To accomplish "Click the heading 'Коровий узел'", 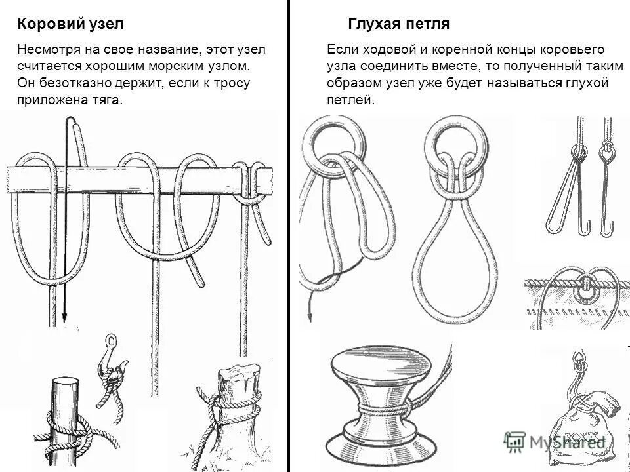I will pyautogui.click(x=70, y=24).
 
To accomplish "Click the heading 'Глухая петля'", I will pyautogui.click(x=398, y=24).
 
